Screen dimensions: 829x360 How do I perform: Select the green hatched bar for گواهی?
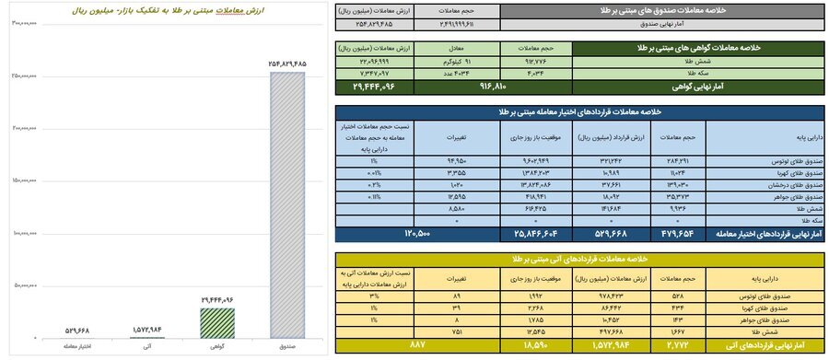(217, 321)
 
